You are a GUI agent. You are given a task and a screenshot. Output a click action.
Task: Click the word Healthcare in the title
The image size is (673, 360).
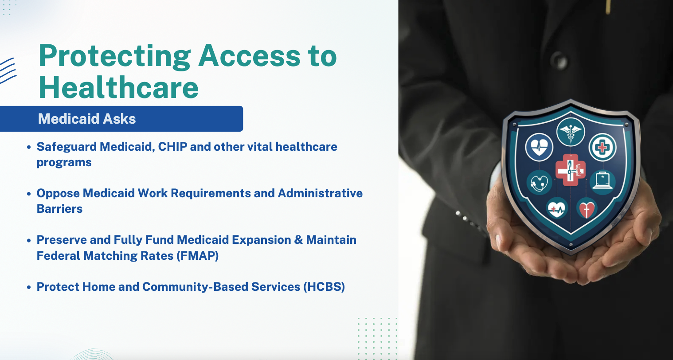118,87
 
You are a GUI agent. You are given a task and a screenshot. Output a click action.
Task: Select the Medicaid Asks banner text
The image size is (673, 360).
87,119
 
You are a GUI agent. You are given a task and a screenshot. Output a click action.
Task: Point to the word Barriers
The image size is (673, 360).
59,209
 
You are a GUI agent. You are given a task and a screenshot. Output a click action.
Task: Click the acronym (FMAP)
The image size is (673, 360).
197,256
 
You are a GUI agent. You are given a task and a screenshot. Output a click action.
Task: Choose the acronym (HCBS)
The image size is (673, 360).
324,287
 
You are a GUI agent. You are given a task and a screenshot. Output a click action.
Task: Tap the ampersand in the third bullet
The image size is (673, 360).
299,240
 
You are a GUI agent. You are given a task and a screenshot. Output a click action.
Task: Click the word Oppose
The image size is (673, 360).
58,194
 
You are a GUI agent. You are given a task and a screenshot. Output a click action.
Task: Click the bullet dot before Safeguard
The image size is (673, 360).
29,147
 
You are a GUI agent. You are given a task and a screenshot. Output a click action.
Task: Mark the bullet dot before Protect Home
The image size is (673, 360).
29,287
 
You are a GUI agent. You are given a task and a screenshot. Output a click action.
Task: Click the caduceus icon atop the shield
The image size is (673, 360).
570,132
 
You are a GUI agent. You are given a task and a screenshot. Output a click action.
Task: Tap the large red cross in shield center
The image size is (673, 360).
570,170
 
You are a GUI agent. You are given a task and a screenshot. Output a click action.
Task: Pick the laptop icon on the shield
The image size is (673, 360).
603,181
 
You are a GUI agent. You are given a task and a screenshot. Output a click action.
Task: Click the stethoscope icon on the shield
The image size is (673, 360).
539,182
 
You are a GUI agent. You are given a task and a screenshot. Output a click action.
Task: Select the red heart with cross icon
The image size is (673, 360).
587,208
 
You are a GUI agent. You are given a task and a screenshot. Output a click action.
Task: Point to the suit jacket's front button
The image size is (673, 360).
559,61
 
